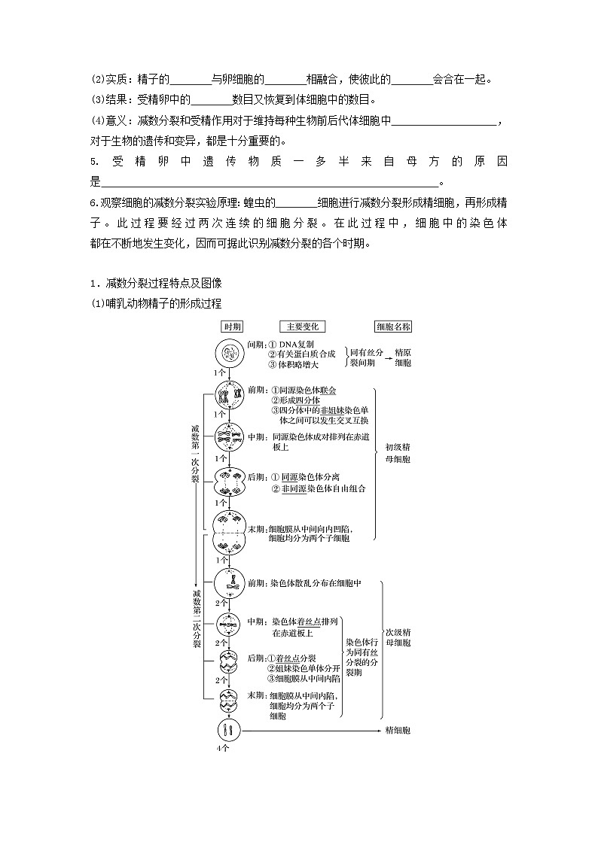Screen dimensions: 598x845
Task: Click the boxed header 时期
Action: pyautogui.click(x=232, y=327)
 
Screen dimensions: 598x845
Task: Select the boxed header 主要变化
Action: pyautogui.click(x=302, y=327)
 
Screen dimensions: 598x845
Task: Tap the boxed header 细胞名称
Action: pyautogui.click(x=394, y=327)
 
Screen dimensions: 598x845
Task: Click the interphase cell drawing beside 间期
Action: pyautogui.click(x=229, y=353)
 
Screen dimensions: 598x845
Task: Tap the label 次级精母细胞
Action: pyautogui.click(x=398, y=637)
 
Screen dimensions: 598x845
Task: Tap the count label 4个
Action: pyautogui.click(x=222, y=749)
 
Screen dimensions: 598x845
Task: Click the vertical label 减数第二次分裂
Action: pyautogui.click(x=195, y=619)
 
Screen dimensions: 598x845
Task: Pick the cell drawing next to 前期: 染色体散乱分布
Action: pyautogui.click(x=229, y=583)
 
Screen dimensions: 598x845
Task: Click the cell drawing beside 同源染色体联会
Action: pyautogui.click(x=229, y=395)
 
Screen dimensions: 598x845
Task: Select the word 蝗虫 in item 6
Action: pyautogui.click(x=259, y=202)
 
